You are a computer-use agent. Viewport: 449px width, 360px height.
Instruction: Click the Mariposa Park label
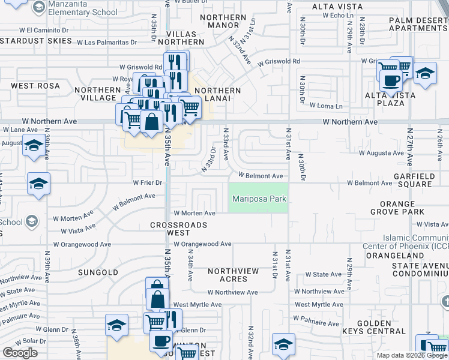(259, 199)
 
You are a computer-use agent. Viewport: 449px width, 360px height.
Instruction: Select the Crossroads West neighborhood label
(178, 229)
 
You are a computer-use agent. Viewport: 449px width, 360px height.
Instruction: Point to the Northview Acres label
(234, 275)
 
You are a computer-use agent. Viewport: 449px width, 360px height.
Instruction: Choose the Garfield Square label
(414, 181)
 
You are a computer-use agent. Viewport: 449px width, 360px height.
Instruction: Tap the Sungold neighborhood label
(98, 272)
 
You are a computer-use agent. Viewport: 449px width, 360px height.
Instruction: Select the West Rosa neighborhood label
(35, 86)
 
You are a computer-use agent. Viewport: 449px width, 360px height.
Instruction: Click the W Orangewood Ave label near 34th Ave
(202, 244)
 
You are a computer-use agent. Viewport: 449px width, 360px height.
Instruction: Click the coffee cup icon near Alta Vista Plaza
(391, 80)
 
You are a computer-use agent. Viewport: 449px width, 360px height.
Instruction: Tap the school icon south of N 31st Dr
(283, 344)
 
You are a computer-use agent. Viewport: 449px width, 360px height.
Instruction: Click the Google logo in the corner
(20, 353)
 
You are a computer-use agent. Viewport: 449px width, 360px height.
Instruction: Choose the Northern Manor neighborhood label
(223, 22)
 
